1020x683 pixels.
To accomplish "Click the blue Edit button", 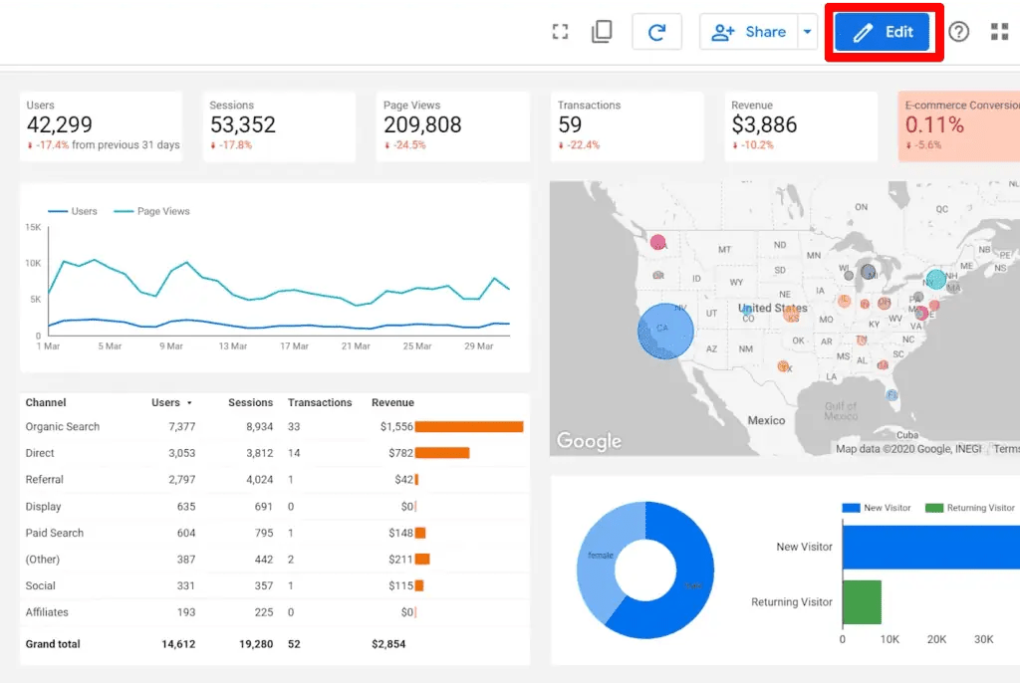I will [883, 32].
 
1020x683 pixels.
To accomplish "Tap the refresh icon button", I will [656, 32].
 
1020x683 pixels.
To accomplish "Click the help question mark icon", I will [958, 32].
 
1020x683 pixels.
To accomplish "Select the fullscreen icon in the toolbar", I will [560, 32].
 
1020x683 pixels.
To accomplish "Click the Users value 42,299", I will [60, 124].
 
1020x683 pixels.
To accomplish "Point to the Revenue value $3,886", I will [764, 124].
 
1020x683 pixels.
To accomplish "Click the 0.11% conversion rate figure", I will [934, 124].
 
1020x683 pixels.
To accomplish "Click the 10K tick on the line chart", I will [33, 263].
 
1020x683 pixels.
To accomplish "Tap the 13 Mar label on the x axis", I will [232, 346].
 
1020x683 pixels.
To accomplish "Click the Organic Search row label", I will [63, 426].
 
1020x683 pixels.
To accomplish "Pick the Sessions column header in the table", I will [250, 402].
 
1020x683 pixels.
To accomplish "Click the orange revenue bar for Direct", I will [441, 453].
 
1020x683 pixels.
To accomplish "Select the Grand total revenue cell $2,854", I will [388, 644].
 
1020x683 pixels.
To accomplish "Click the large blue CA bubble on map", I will [664, 331].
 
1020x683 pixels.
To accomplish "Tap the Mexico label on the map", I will [766, 420].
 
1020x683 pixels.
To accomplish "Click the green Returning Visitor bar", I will [862, 602].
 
